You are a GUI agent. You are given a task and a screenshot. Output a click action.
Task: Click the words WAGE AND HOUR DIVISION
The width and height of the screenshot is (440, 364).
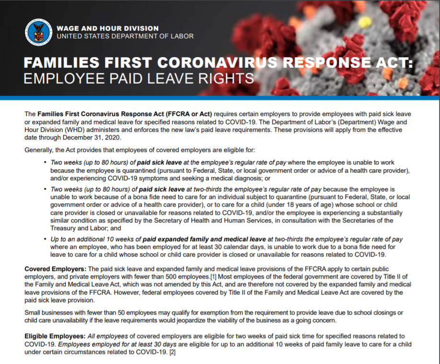pyautogui.click(x=107, y=28)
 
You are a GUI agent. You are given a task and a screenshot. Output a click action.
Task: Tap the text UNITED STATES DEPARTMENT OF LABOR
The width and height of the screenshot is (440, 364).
pyautogui.click(x=125, y=36)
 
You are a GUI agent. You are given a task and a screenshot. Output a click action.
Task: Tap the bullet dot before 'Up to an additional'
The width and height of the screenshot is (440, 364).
pyautogui.click(x=45, y=239)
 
